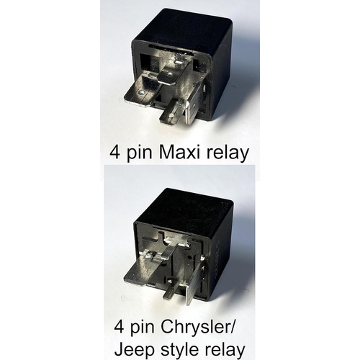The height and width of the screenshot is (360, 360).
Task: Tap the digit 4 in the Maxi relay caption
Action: pos(114,153)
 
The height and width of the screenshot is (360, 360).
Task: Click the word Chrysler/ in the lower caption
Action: pos(197,328)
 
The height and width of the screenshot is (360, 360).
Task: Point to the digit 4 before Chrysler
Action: pos(120,327)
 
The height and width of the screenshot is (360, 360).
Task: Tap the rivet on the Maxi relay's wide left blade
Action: pos(142,92)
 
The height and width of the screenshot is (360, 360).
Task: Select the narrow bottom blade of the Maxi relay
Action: pos(172,112)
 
